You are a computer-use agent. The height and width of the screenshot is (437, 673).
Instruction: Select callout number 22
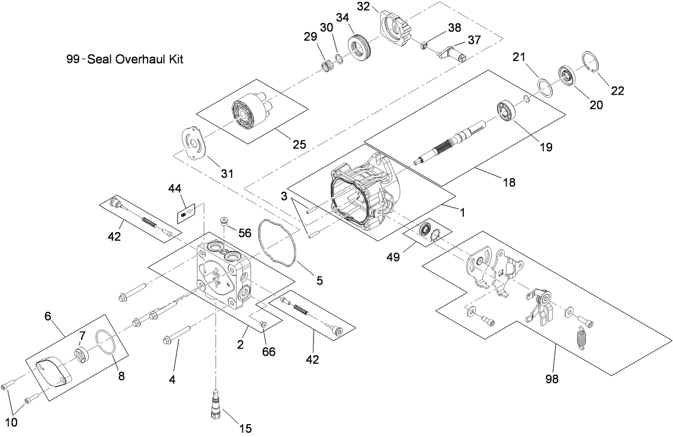tap(617, 90)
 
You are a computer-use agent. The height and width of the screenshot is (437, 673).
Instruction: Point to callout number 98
tap(551, 379)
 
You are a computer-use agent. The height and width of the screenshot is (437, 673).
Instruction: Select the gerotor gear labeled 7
tap(82, 355)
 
